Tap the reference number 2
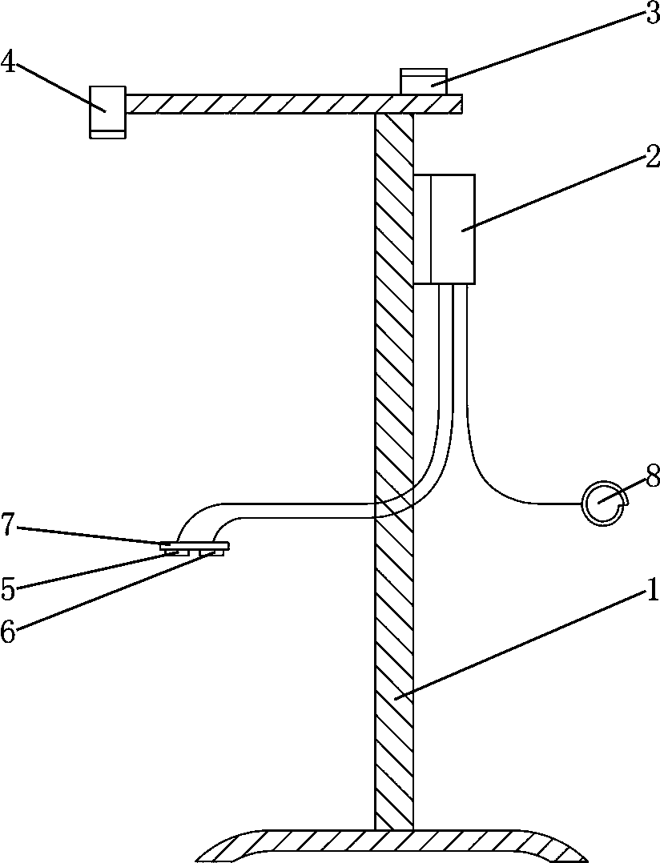[x=651, y=157]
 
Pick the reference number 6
[x=9, y=631]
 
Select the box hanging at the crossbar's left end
[x=107, y=111]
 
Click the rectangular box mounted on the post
[x=445, y=229]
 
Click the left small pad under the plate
[x=176, y=552]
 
